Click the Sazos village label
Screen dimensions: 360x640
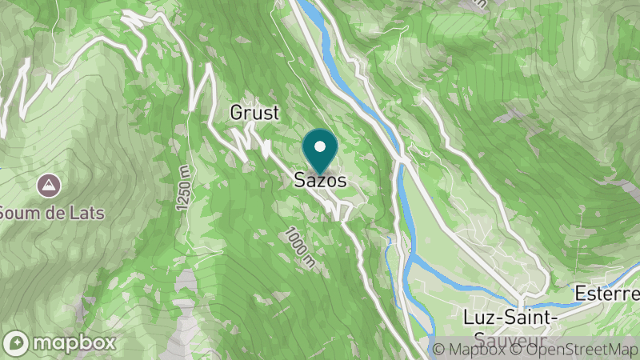(x=320, y=182)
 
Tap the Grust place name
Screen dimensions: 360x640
(x=254, y=113)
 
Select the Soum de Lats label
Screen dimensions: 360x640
(x=51, y=213)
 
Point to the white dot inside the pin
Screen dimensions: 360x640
(x=320, y=146)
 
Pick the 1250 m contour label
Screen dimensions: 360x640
(x=186, y=189)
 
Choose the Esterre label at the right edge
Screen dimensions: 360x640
(x=606, y=294)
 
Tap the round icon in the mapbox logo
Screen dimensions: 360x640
(x=18, y=342)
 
